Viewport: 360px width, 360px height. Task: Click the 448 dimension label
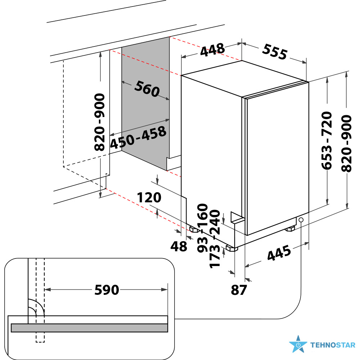pyautogui.click(x=212, y=50)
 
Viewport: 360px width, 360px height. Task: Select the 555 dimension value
pyautogui.click(x=275, y=52)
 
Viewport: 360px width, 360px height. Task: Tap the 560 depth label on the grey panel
pyautogui.click(x=147, y=89)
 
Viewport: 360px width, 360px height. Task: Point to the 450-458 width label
pyautogui.click(x=138, y=137)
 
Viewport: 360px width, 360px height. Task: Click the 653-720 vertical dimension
pyautogui.click(x=327, y=140)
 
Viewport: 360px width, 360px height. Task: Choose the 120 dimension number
pyautogui.click(x=149, y=197)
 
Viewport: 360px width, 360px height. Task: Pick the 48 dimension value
pyautogui.click(x=179, y=247)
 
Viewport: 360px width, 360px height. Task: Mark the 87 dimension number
pyautogui.click(x=239, y=290)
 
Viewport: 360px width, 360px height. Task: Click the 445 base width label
pyautogui.click(x=279, y=253)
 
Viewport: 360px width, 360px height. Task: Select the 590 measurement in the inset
pyautogui.click(x=107, y=290)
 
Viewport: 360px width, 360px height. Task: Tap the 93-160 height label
pyautogui.click(x=202, y=228)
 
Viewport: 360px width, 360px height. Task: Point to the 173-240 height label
pyautogui.click(x=215, y=239)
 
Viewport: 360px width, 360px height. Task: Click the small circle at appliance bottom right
pyautogui.click(x=301, y=220)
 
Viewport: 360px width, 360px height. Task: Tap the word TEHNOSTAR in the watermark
pyautogui.click(x=333, y=345)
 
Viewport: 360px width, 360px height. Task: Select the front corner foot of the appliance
pyautogui.click(x=231, y=248)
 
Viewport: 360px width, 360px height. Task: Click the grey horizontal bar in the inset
pyautogui.click(x=89, y=328)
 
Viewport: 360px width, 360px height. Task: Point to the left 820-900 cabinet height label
pyautogui.click(x=99, y=122)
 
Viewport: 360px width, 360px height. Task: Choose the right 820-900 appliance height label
pyautogui.click(x=346, y=144)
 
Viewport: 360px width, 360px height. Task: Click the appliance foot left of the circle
pyautogui.click(x=290, y=229)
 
